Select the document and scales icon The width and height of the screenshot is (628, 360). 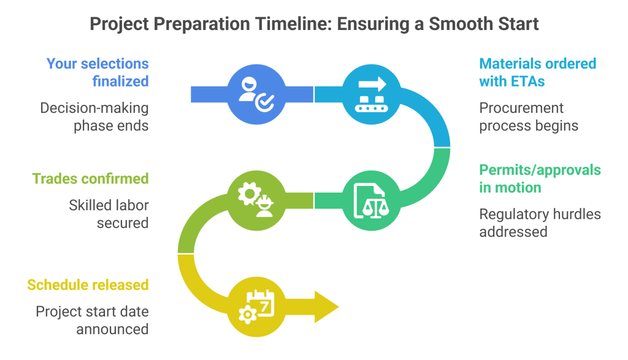pyautogui.click(x=372, y=200)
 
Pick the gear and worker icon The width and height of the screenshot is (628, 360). pyautogui.click(x=256, y=200)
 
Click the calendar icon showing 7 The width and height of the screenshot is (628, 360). pyautogui.click(x=256, y=306)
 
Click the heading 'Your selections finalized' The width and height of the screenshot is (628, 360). pyautogui.click(x=98, y=72)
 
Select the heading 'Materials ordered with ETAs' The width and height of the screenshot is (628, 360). pyautogui.click(x=537, y=72)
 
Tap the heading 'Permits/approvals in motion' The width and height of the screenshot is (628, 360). pyautogui.click(x=540, y=178)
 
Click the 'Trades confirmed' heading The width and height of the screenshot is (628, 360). pyautogui.click(x=90, y=178)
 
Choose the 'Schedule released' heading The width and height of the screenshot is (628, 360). pyautogui.click(x=88, y=285)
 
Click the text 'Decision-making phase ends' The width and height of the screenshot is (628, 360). pyautogui.click(x=94, y=117)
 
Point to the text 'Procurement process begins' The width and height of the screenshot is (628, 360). pyautogui.click(x=528, y=117)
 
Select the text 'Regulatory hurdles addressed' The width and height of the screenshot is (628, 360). pyautogui.click(x=540, y=223)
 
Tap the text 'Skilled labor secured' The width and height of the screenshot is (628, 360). pyautogui.click(x=109, y=214)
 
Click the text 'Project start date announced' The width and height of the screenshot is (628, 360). pyautogui.click(x=92, y=320)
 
